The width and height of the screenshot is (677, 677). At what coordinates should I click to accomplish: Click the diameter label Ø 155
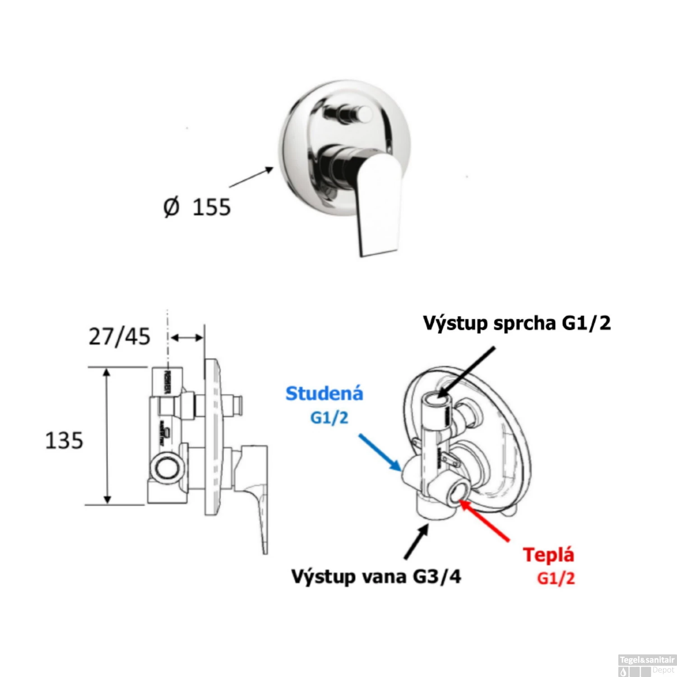coord(197,207)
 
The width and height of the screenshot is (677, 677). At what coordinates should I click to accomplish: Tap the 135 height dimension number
coord(64,441)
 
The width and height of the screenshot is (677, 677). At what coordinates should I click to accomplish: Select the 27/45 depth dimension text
coord(119,337)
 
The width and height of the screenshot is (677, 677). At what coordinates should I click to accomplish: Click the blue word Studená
coord(325,394)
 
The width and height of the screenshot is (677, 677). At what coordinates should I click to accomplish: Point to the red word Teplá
coord(548,555)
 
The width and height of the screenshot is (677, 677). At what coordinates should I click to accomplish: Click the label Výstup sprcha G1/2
coord(517,323)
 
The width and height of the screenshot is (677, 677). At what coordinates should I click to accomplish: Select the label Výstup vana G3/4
coord(376,576)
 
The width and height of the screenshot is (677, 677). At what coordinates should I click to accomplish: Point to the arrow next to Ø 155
coord(251,177)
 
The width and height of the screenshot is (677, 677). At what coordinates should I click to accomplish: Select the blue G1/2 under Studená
coord(329,417)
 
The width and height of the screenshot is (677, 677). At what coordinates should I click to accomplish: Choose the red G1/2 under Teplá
coord(556,578)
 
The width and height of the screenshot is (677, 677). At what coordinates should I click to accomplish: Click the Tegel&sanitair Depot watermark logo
coord(647,665)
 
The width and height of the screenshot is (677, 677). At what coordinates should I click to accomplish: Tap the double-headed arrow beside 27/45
coord(186,338)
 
